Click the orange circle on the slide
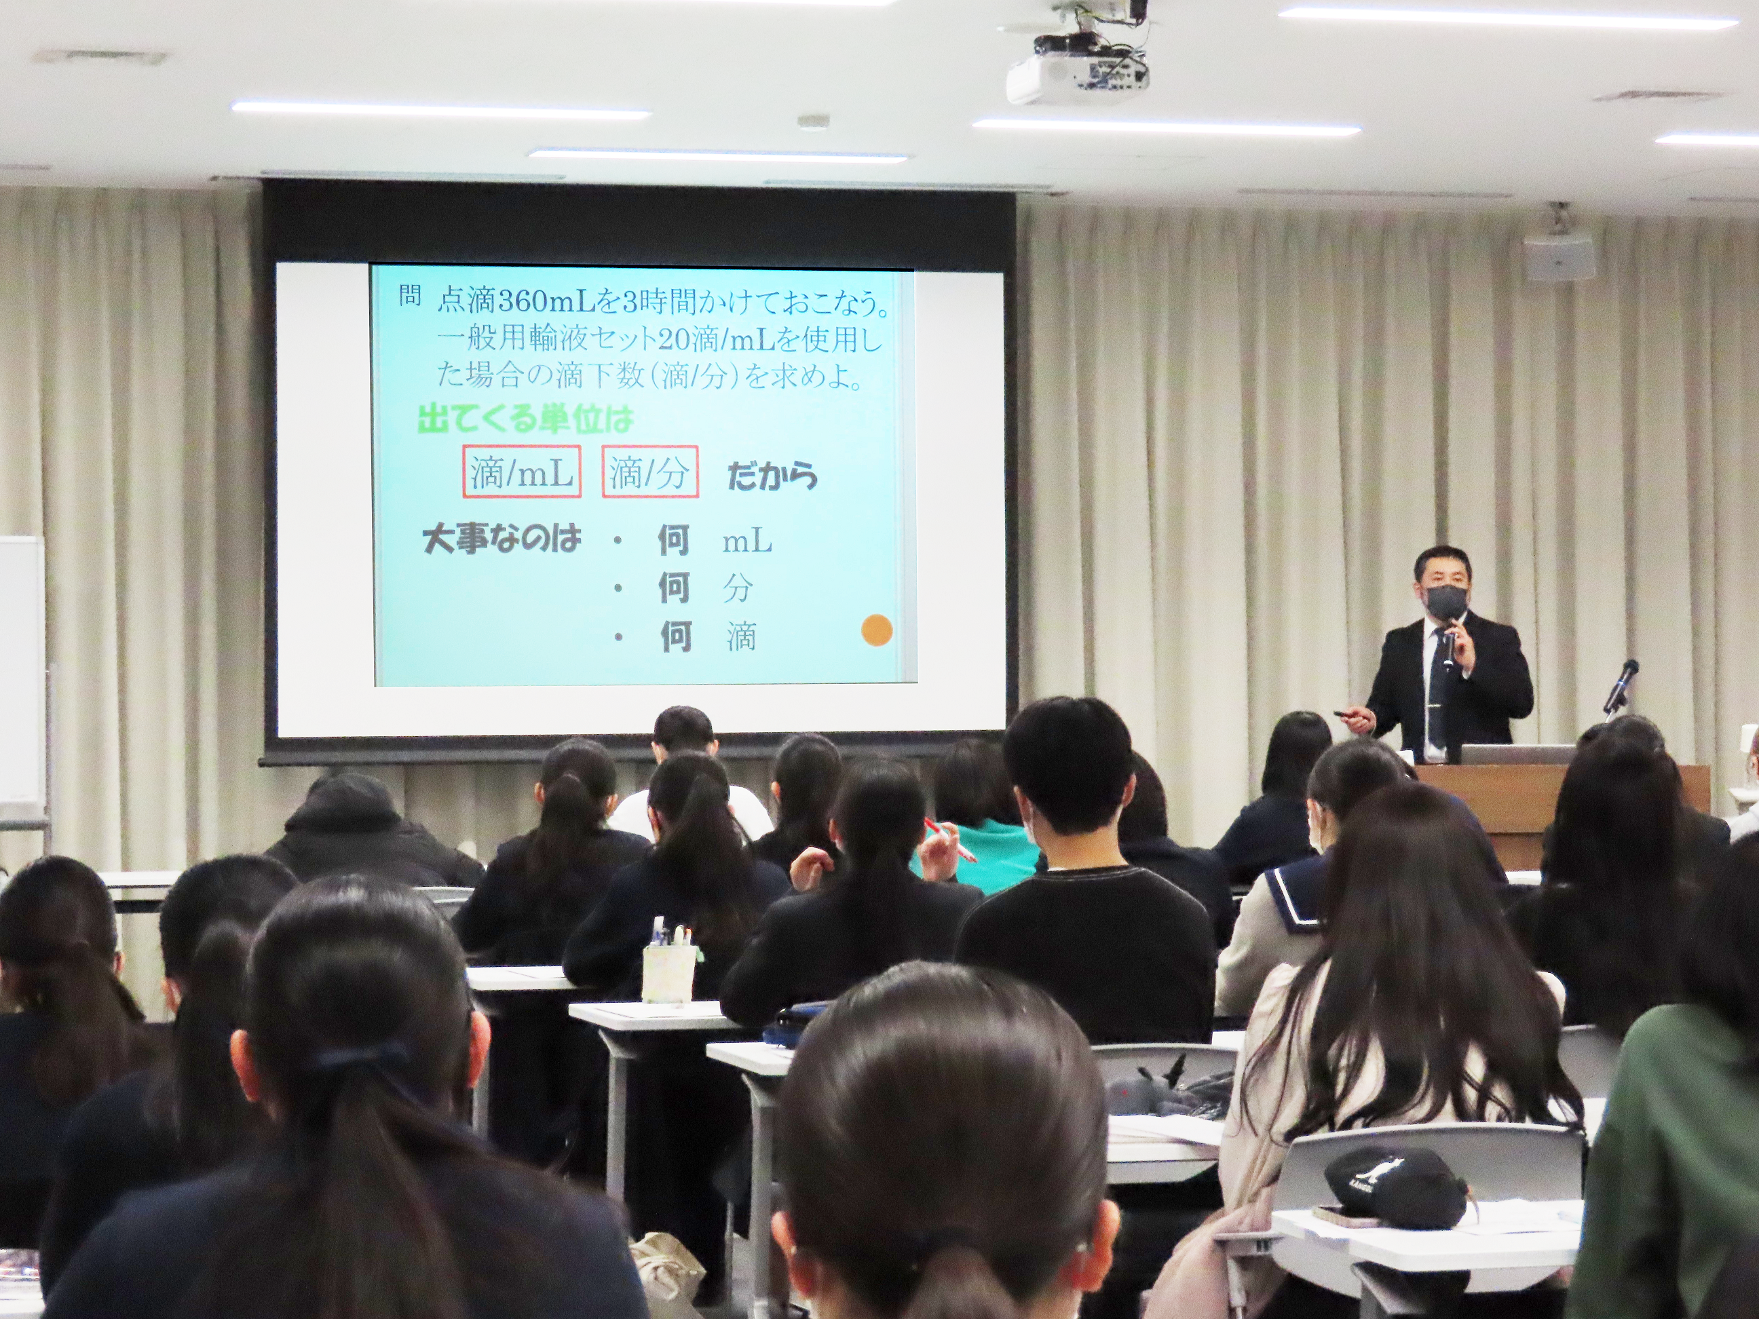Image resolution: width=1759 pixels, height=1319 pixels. point(876,630)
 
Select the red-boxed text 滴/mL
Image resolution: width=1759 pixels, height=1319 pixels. point(522,472)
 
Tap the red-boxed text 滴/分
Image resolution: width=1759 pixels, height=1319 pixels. point(649,472)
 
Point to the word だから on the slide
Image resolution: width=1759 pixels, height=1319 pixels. point(772,476)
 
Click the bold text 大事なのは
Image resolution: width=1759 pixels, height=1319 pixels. point(502,539)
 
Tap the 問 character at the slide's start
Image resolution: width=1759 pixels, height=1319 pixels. point(409,297)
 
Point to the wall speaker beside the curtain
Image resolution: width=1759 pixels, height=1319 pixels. point(1559,256)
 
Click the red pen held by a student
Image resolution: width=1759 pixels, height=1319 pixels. point(949,839)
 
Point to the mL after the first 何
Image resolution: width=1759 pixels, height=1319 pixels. point(746,542)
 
